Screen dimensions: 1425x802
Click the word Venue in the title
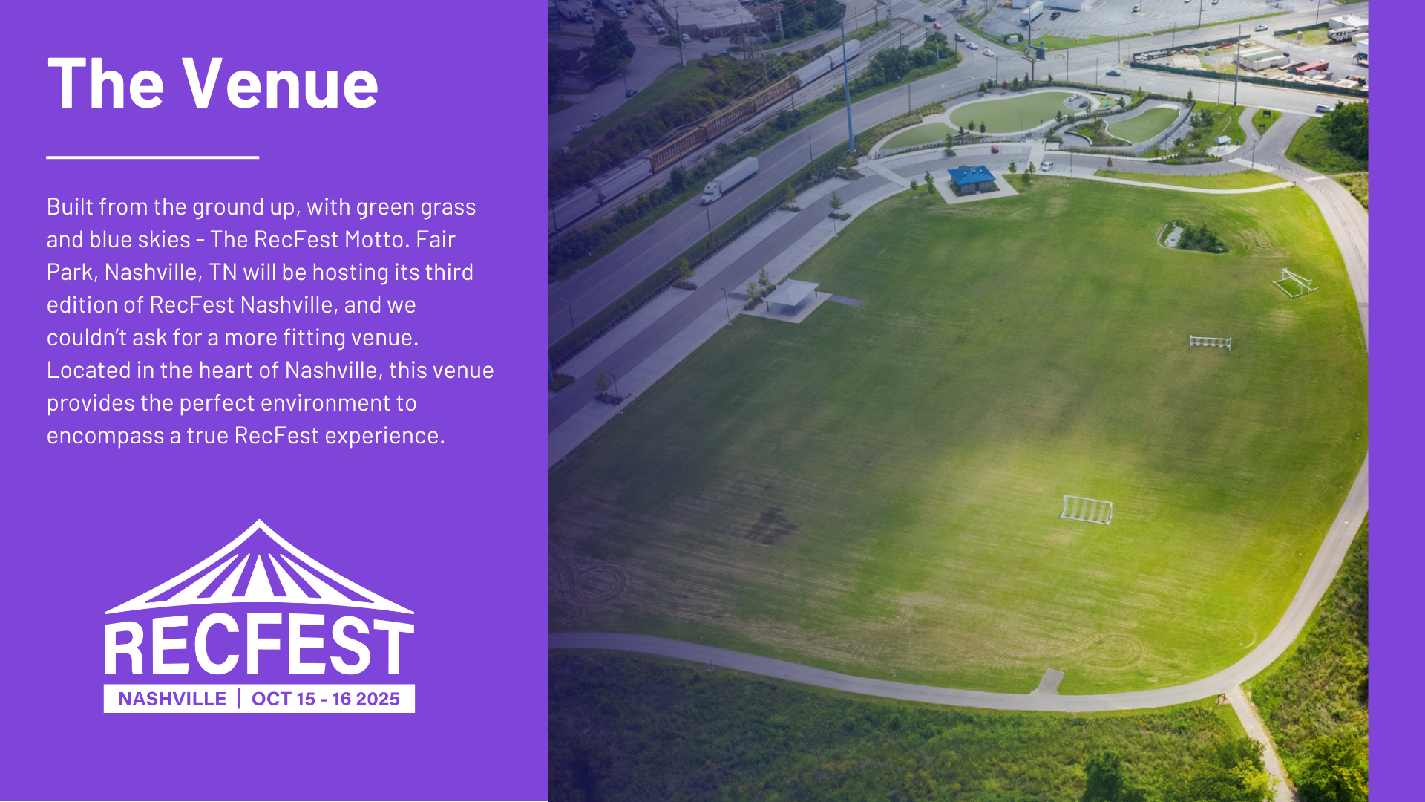click(281, 83)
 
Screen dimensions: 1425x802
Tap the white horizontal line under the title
click(152, 157)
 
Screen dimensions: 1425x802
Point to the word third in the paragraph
click(449, 272)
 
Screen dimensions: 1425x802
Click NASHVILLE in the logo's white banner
click(172, 699)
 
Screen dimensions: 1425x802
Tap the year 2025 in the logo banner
click(378, 699)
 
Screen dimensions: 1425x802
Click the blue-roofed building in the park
click(972, 179)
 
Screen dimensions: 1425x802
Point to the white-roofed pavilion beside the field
click(791, 296)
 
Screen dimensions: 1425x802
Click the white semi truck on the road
click(730, 180)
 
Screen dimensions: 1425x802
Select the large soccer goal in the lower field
click(1086, 509)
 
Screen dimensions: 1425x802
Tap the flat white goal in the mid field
click(1211, 342)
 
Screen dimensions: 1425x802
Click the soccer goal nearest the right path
click(1295, 282)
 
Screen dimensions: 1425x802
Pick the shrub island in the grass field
click(1191, 237)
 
